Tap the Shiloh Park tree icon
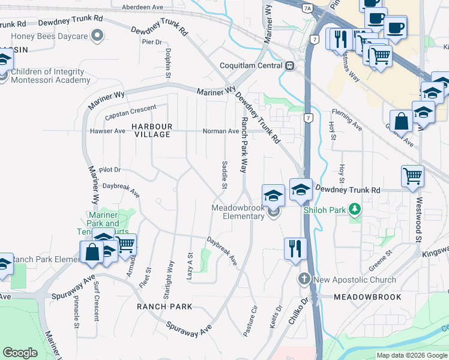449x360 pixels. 356,209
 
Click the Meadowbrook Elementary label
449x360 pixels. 238,212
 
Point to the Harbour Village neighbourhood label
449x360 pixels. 152,130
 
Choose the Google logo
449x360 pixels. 20,353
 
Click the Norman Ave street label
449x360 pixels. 221,131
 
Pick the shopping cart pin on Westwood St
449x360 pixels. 412,176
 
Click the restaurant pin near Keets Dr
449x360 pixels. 295,248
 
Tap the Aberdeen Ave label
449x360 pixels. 142,7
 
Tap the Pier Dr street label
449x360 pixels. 152,42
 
